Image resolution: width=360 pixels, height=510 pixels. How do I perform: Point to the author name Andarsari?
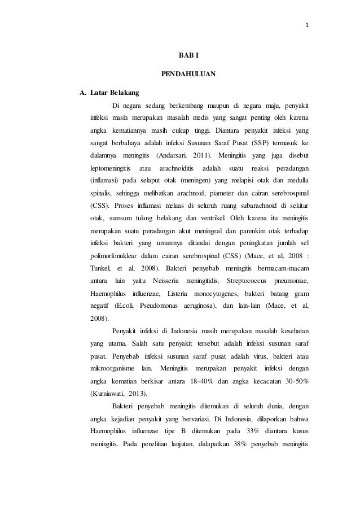[x=173, y=154]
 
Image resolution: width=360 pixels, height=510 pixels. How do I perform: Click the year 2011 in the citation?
[x=201, y=154]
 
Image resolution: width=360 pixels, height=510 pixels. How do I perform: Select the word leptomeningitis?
[x=110, y=169]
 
